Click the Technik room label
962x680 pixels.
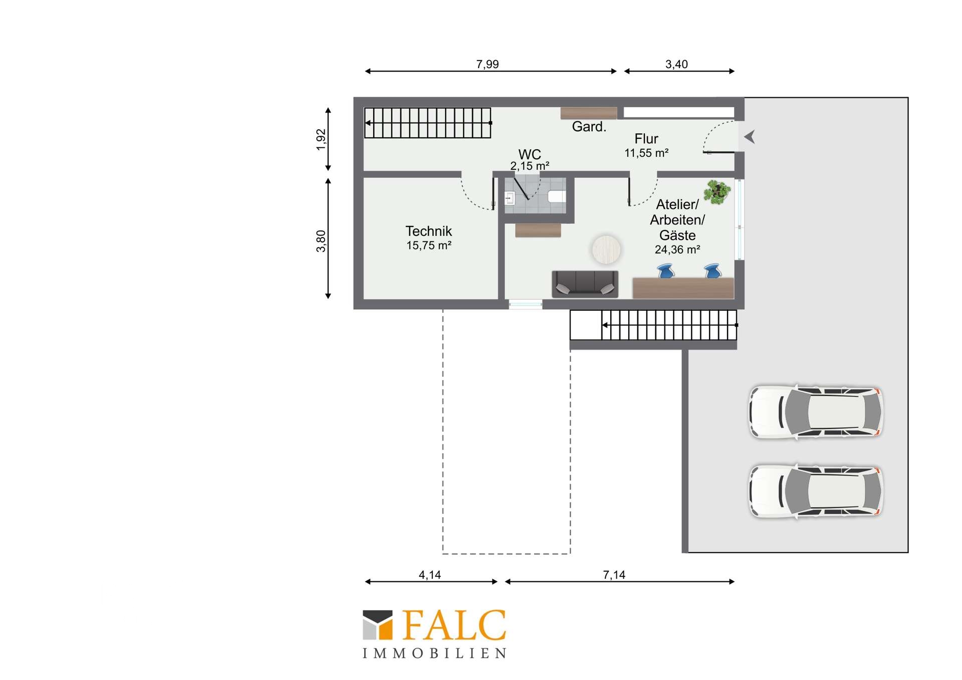[428, 231]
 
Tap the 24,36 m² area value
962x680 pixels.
[677, 250]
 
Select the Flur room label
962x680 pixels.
[646, 139]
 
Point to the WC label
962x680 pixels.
[530, 154]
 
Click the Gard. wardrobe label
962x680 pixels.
[589, 127]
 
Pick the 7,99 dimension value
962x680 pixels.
[488, 64]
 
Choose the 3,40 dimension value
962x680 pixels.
[676, 64]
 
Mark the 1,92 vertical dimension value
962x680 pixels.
[321, 140]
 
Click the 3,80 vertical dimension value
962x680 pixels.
[321, 241]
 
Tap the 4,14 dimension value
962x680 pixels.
[430, 575]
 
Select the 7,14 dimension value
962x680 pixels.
[614, 575]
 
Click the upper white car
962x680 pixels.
[816, 412]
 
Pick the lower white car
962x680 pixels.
[816, 491]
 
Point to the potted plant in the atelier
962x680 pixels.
[717, 192]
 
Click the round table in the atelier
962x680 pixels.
[606, 250]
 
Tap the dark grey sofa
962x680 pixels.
[585, 284]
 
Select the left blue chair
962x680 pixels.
[666, 271]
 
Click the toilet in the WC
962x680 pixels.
[557, 196]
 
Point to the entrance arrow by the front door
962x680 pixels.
[750, 137]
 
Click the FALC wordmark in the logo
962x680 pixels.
[454, 625]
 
